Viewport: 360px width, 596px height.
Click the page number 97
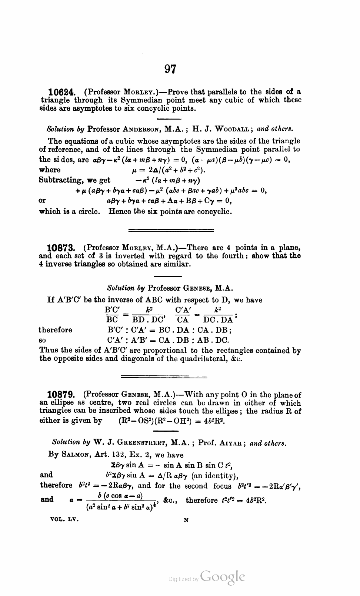(170, 69)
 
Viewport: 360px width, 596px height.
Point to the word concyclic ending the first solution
(214, 212)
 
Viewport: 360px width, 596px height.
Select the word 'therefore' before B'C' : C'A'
(56, 330)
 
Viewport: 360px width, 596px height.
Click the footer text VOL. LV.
(64, 519)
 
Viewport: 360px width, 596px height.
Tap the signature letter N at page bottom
(186, 520)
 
